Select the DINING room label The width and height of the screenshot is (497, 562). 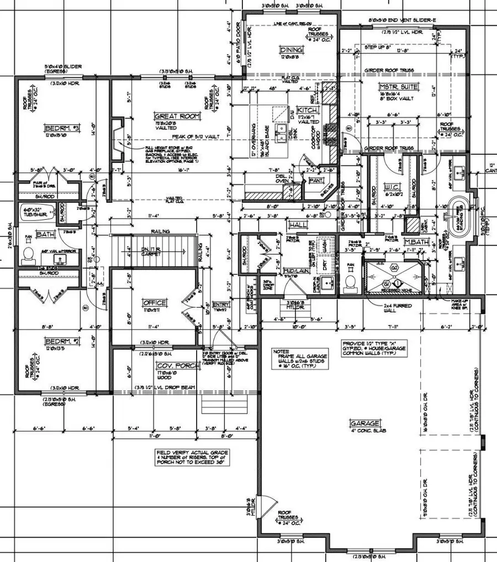[289, 51]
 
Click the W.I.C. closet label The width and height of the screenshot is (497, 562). [390, 186]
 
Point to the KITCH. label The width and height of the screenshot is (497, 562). [305, 110]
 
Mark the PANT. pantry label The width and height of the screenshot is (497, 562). [316, 181]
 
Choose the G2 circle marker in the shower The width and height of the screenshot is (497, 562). [394, 268]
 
